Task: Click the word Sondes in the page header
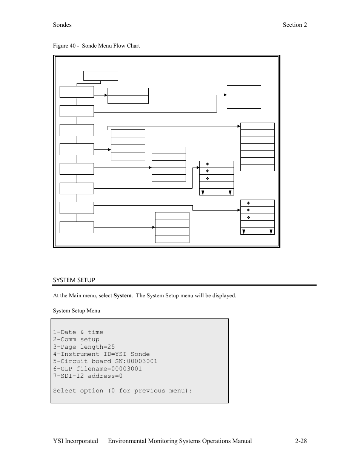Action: coord(62,25)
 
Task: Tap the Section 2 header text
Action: coord(295,25)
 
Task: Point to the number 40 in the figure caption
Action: coord(72,46)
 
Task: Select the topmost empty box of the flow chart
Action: coord(100,76)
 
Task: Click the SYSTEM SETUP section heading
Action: coord(74,280)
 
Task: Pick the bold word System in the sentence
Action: coord(122,295)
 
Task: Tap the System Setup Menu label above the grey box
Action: coord(77,311)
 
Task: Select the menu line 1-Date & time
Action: coord(78,332)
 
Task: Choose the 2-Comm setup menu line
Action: coord(76,339)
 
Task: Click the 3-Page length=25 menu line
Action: coord(84,347)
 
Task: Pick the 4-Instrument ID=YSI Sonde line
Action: coord(102,354)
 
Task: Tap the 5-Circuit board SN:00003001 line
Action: coord(105,361)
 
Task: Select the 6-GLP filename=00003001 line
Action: coord(97,369)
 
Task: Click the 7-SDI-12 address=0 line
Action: coord(88,376)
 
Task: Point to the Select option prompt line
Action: coord(122,391)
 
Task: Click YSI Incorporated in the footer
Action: coord(75,441)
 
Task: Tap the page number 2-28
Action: coord(301,441)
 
